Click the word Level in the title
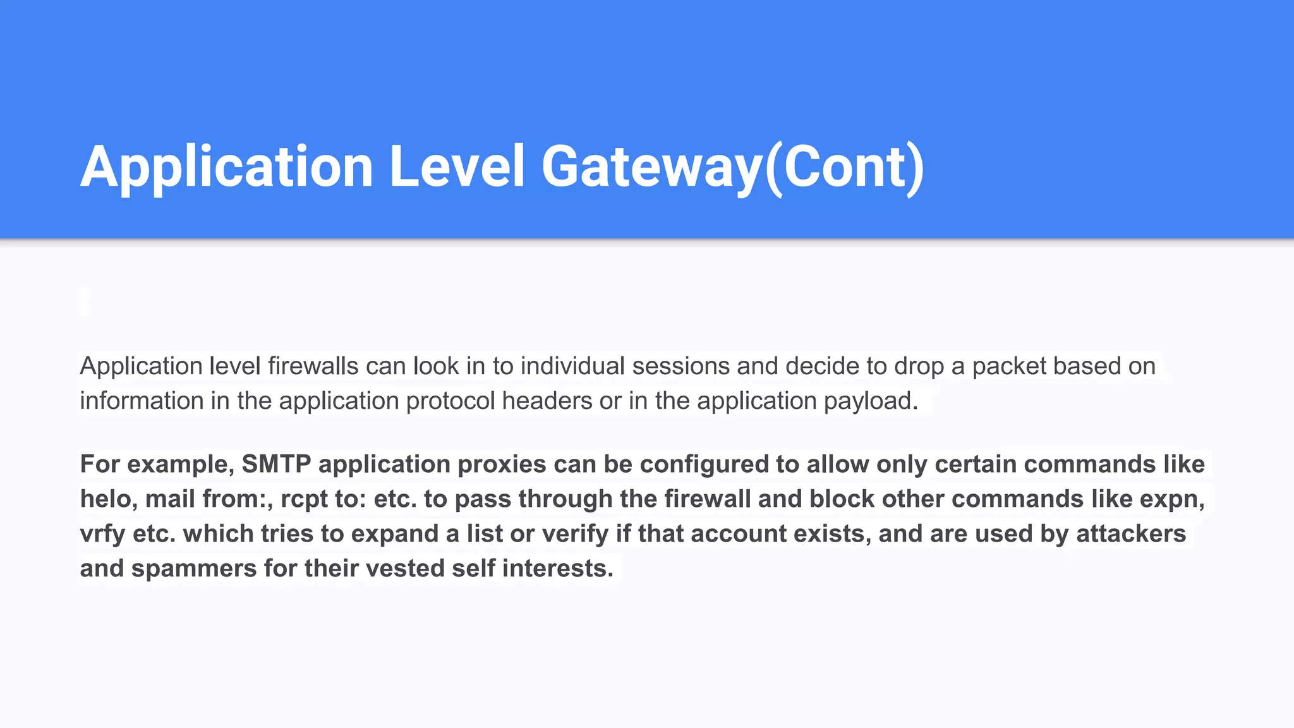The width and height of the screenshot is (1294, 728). [x=456, y=167]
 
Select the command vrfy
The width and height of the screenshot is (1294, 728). [x=102, y=534]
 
